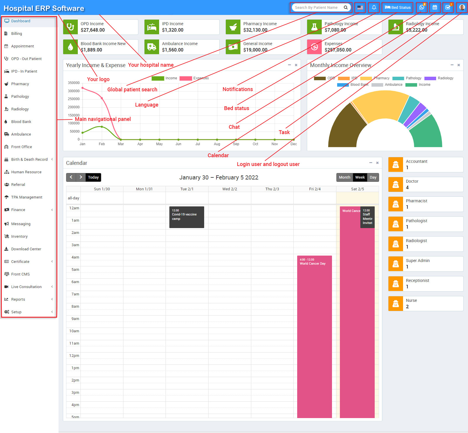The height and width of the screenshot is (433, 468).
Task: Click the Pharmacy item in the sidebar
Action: [x=20, y=84]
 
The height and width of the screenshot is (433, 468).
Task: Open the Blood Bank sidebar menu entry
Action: [x=21, y=122]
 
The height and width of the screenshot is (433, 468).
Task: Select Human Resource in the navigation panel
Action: [x=26, y=172]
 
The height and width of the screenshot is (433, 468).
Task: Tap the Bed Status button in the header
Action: [x=398, y=8]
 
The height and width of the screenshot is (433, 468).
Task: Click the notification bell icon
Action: [x=374, y=8]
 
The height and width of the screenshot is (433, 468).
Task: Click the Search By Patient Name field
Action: [x=316, y=8]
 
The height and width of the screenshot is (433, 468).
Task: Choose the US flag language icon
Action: [x=360, y=8]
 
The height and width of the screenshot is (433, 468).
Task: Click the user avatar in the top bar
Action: [x=462, y=8]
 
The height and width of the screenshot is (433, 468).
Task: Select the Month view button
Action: [x=344, y=177]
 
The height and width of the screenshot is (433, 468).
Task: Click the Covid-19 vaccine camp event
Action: [x=187, y=217]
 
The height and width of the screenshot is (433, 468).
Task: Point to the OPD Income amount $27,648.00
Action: [x=93, y=30]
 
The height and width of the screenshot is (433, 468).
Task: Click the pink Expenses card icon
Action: [x=314, y=47]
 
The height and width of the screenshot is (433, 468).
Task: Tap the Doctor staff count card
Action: [x=426, y=184]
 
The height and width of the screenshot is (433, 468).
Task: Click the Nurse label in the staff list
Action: [x=411, y=300]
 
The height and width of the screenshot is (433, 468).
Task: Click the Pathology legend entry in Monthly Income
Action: [x=413, y=78]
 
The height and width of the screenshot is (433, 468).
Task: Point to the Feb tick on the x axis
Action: [x=102, y=144]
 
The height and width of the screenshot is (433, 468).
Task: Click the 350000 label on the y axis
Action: [x=74, y=83]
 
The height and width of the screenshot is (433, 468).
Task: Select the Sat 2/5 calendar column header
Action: [x=357, y=189]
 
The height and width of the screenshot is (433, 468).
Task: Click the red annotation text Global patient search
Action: [x=132, y=90]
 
